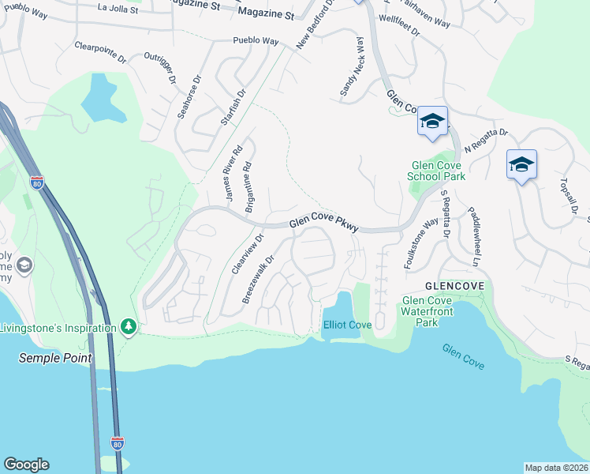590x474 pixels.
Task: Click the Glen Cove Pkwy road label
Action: click(324, 225)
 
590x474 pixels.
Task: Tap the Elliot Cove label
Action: click(347, 325)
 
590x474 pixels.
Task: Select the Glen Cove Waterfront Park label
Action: click(431, 311)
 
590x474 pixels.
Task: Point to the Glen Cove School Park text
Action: click(432, 171)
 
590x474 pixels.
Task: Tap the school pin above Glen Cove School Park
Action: click(432, 122)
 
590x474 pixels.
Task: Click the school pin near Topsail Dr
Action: click(521, 165)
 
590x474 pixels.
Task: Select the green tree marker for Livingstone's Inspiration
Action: click(128, 326)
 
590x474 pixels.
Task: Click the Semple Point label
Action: click(55, 358)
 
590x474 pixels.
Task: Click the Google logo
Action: click(26, 465)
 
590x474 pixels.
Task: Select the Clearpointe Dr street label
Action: click(100, 52)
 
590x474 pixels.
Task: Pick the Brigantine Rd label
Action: click(249, 183)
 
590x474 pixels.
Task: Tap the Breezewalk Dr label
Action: click(258, 279)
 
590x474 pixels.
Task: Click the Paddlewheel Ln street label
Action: click(475, 236)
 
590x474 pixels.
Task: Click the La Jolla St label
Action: click(118, 9)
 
